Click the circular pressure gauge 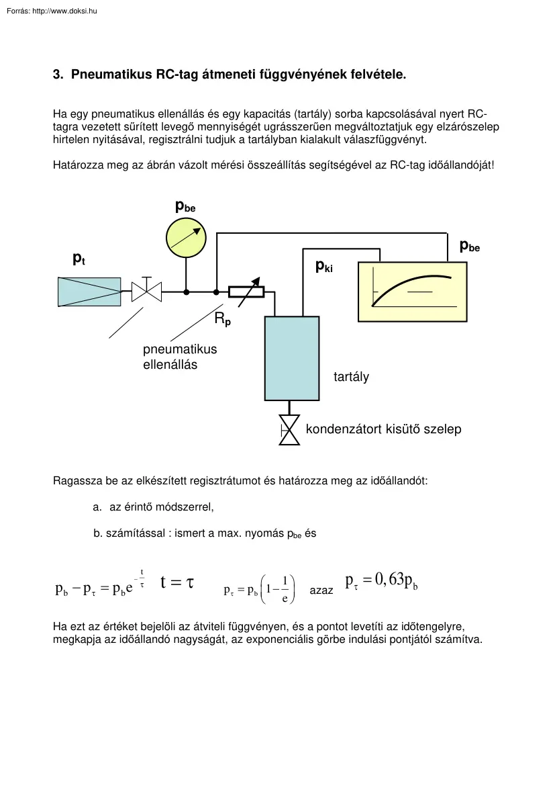point(186,238)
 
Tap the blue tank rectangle point(291,357)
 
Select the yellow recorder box point(412,292)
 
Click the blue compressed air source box point(89,292)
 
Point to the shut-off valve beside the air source point(146,292)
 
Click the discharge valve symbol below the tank point(290,430)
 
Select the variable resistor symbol point(246,292)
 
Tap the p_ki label point(323,266)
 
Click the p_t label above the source point(79,258)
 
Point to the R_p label point(223,320)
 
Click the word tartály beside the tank point(351,377)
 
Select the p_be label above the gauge point(185,207)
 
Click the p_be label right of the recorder point(470,246)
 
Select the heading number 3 point(57,75)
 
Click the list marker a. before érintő point(97,507)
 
